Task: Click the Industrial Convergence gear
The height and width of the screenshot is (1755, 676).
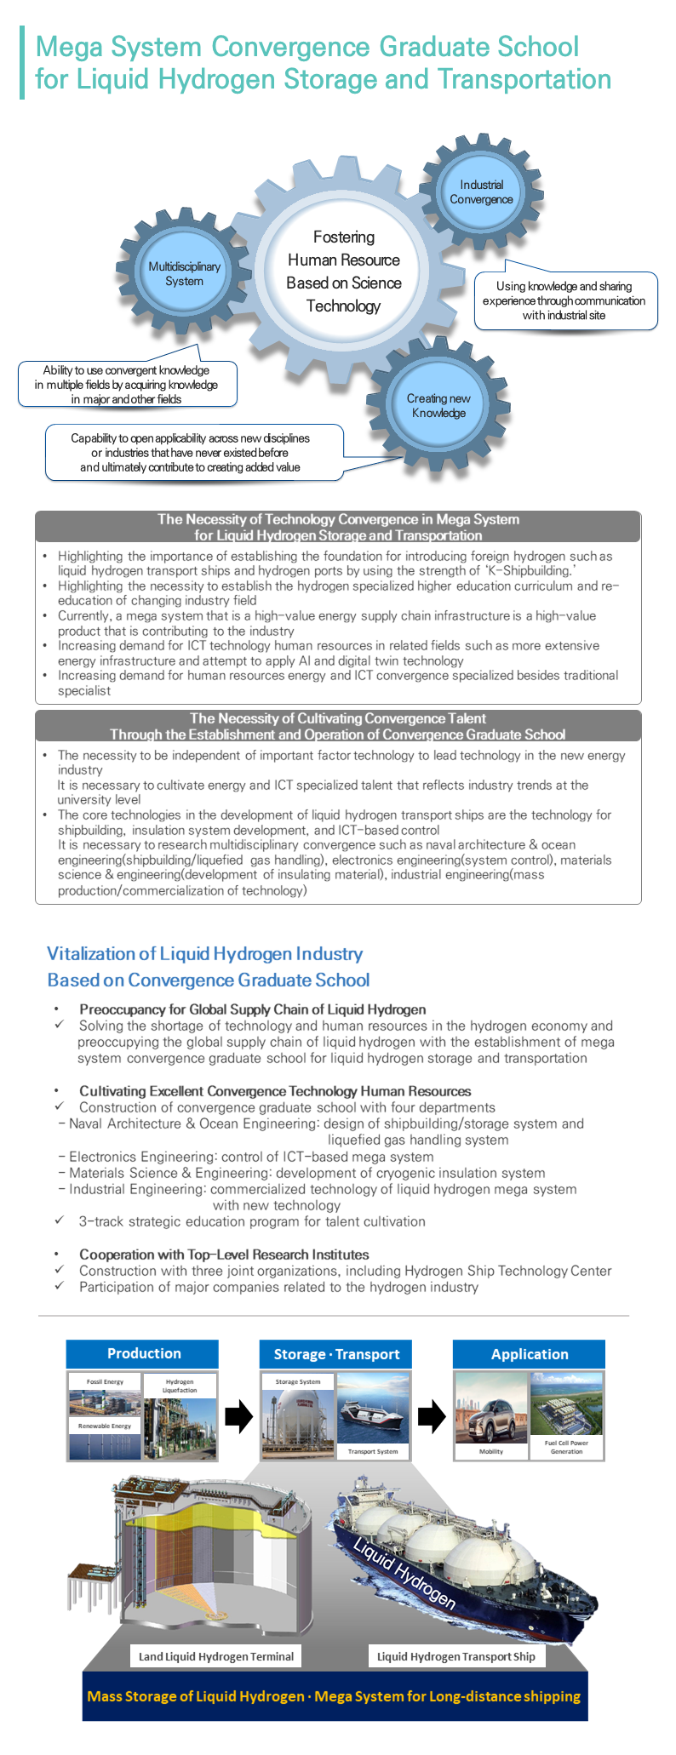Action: point(481,192)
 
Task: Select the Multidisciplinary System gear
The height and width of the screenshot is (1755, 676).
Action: point(184,274)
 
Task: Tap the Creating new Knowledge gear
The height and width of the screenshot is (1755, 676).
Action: point(438,406)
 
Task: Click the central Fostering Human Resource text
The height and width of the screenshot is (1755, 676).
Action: point(343,272)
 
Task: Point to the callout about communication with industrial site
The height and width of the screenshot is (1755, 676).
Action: point(565,300)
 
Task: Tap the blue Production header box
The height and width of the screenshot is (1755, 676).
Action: point(143,1353)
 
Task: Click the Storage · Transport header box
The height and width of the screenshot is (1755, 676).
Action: point(336,1354)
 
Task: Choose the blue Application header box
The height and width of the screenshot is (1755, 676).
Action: point(529,1354)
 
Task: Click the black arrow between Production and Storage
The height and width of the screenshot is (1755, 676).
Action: point(239,1416)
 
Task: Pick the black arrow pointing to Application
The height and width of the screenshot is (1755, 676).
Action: point(432,1416)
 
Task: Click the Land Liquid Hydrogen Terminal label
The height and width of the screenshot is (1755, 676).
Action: point(216,1656)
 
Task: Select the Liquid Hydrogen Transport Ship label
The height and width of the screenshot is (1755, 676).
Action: point(455,1656)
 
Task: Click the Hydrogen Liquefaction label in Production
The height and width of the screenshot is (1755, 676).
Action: point(180,1386)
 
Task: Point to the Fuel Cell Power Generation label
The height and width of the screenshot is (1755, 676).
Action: point(566,1447)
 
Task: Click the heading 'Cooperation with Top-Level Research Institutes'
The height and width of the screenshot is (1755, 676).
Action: point(224,1255)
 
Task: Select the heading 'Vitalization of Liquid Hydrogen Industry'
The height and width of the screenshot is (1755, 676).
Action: point(205,953)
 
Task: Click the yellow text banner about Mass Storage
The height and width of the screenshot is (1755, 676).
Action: point(334,1696)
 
